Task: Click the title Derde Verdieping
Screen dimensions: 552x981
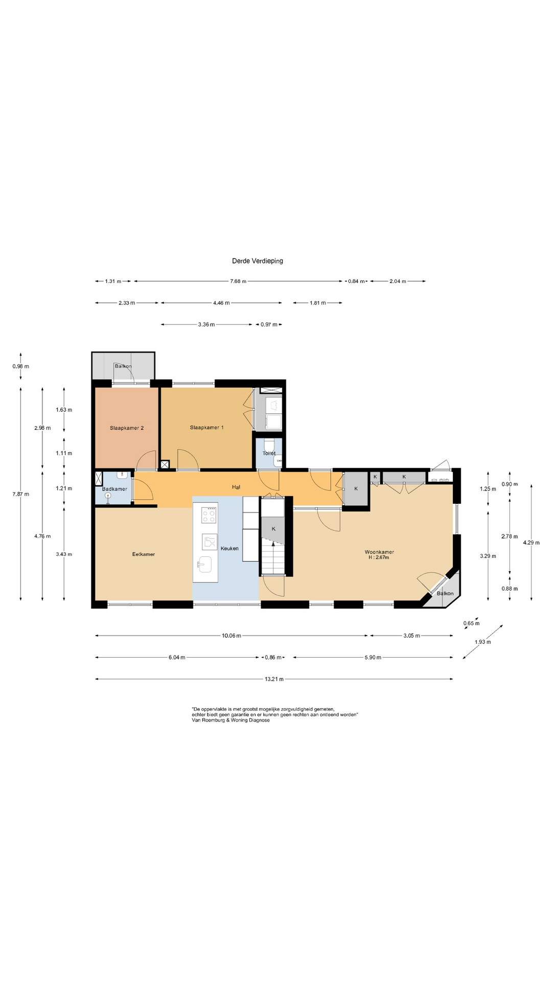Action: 258,261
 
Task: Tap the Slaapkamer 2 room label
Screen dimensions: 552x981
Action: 127,428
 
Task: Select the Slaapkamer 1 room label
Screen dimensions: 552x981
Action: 206,428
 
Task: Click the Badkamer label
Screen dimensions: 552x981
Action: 114,489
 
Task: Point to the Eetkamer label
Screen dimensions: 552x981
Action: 144,554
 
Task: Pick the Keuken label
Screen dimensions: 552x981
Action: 229,549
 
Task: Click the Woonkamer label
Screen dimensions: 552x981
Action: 379,552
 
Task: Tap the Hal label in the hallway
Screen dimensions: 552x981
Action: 236,487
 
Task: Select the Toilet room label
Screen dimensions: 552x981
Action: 269,453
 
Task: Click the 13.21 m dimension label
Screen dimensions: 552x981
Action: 274,679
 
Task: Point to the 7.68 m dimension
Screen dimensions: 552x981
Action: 238,281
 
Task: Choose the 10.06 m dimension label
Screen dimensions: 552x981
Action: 232,636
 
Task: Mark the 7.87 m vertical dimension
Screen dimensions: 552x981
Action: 21,494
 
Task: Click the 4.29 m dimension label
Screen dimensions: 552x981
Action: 532,543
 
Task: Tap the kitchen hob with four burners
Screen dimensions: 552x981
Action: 209,515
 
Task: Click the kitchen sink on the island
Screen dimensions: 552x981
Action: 205,565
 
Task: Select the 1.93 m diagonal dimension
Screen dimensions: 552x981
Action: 482,642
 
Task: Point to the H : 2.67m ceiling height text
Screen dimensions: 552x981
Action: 379,557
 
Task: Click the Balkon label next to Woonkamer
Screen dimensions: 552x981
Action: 445,593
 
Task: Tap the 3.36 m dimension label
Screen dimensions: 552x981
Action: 206,324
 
